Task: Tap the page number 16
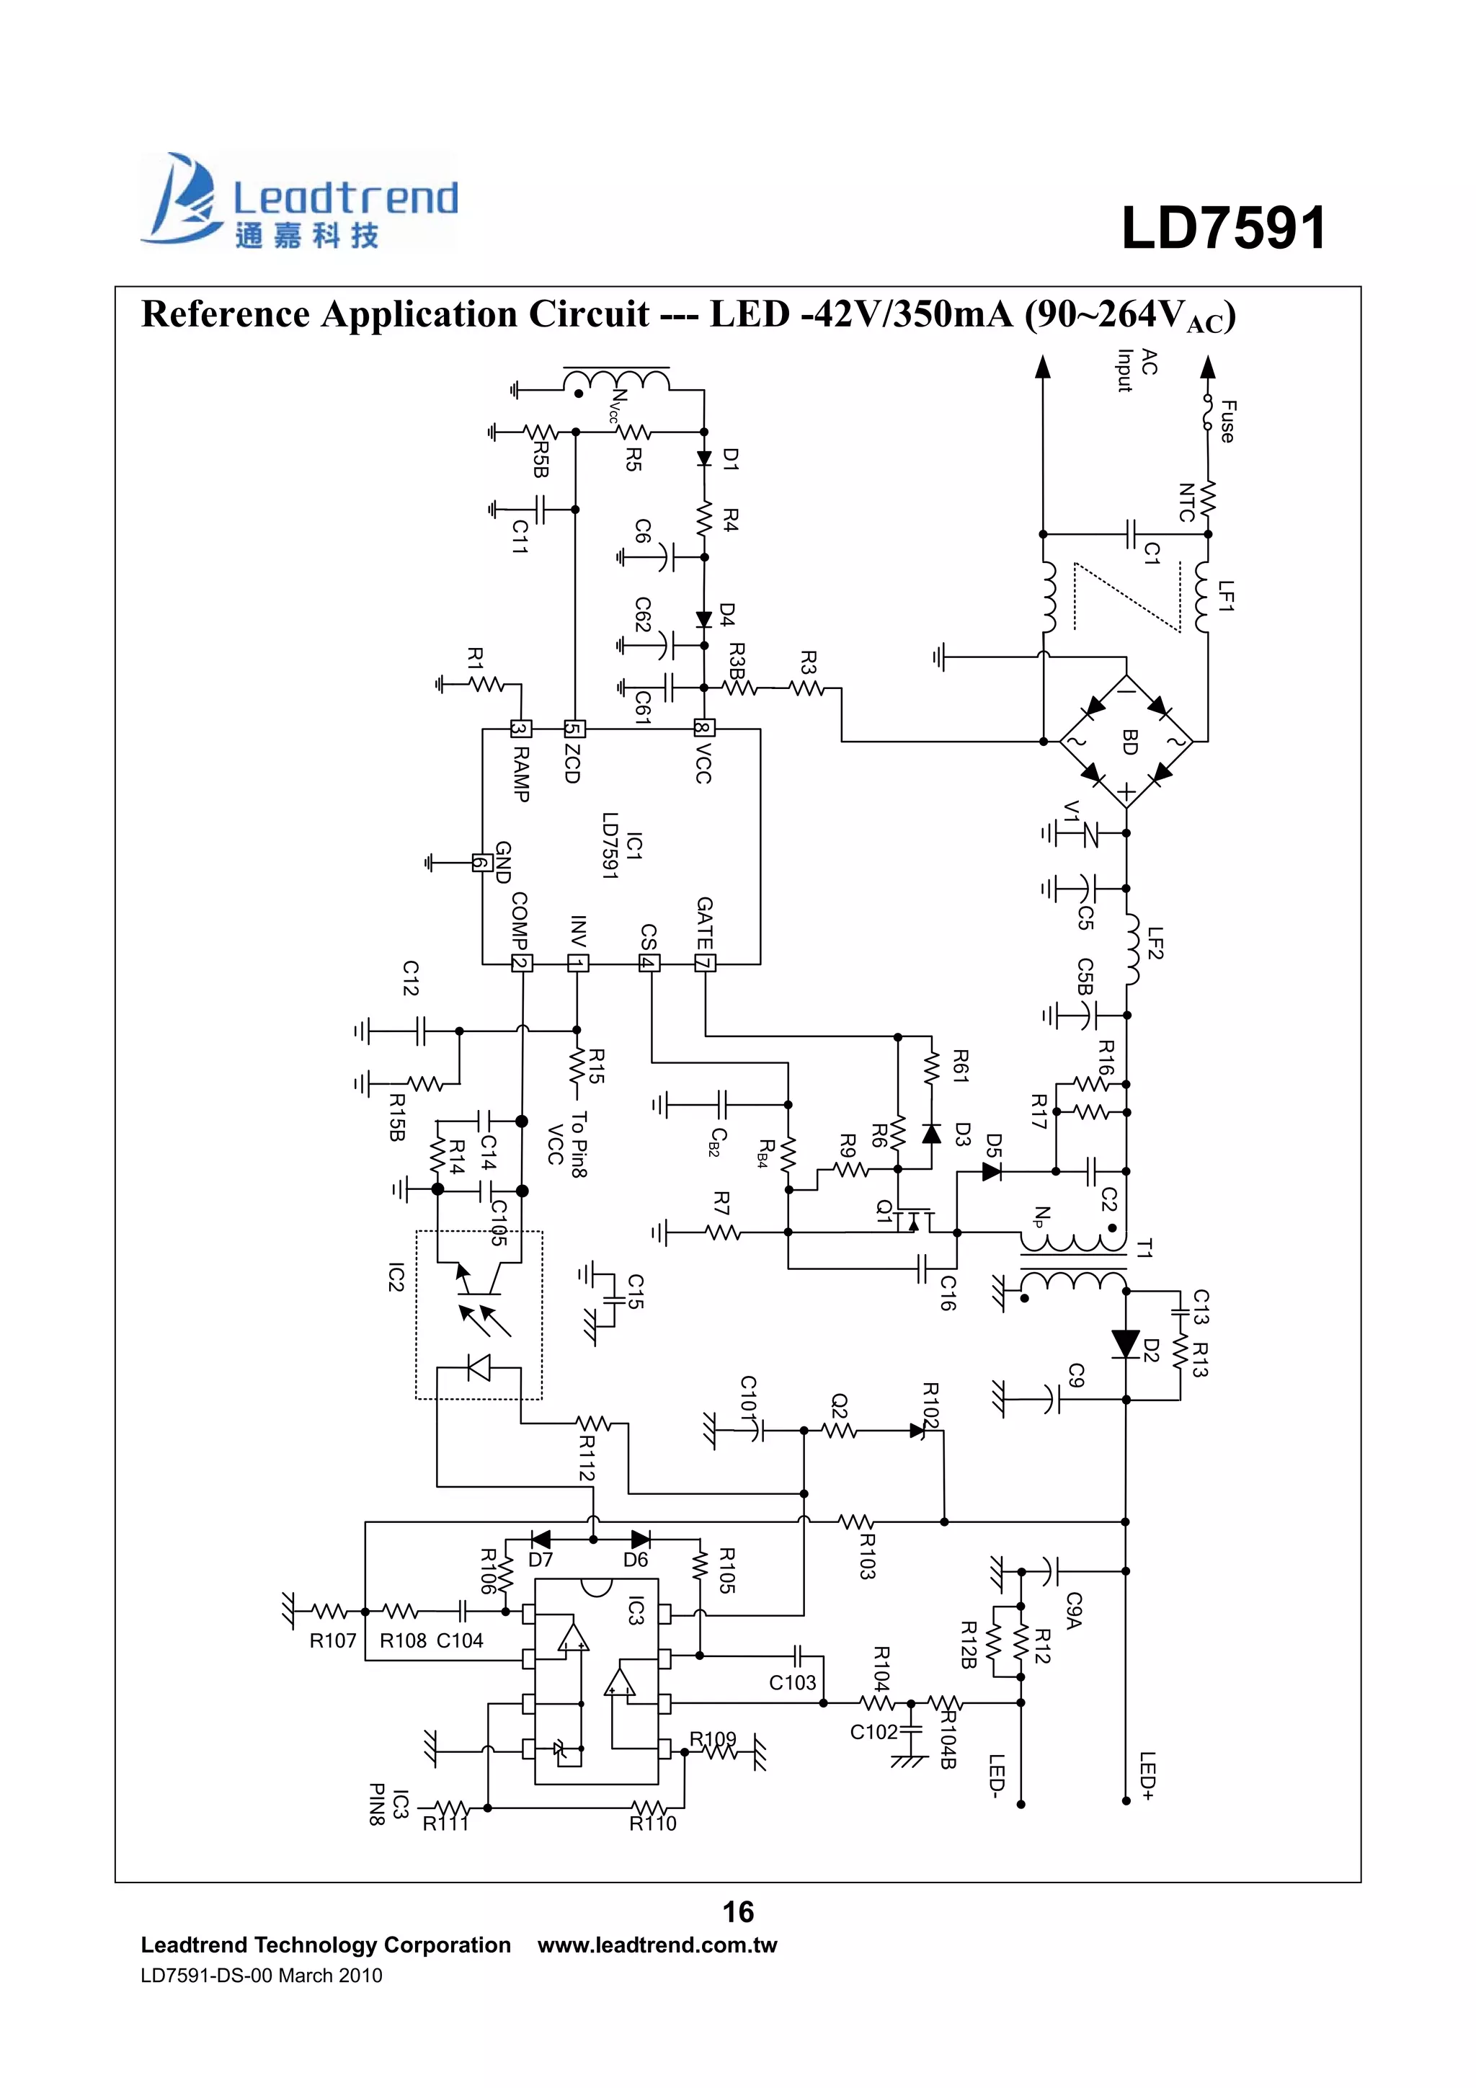(737, 1911)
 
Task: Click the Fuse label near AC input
(1227, 421)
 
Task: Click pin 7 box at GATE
(705, 963)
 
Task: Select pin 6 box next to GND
(482, 862)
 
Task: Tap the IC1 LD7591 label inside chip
(622, 845)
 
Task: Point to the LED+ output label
(1147, 1775)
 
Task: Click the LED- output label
(997, 1775)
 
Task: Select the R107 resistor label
(333, 1640)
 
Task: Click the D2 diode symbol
(1126, 1343)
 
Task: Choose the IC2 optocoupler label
(396, 1277)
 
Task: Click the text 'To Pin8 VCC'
(566, 1144)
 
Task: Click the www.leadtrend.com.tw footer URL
(657, 1945)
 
